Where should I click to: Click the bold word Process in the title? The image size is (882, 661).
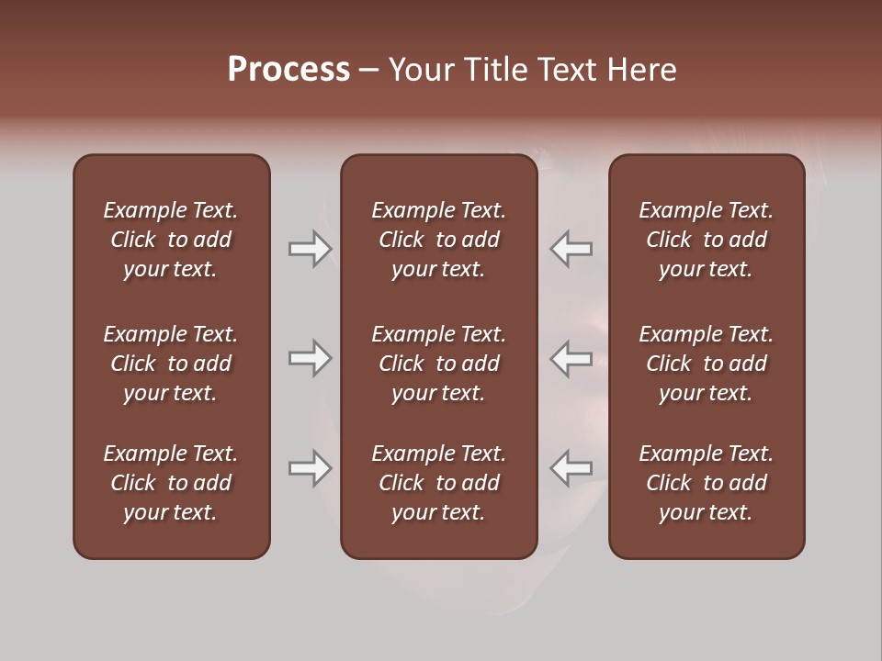coord(288,70)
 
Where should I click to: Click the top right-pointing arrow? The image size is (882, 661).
coord(311,248)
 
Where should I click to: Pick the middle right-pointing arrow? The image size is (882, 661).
coord(311,358)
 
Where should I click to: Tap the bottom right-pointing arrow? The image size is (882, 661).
coord(311,468)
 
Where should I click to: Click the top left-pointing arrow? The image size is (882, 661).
coord(571,248)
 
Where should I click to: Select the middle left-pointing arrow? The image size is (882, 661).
coord(571,358)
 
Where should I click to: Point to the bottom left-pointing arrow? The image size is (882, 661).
coord(571,468)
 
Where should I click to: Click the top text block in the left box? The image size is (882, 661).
coord(171,240)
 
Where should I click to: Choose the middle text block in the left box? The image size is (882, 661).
coord(171,364)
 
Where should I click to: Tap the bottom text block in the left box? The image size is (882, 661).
coord(171,483)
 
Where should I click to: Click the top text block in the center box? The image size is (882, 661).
coord(438,240)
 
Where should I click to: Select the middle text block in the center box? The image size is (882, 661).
coord(438,364)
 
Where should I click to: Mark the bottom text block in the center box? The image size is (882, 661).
coord(438,483)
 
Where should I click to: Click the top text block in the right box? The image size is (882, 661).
coord(706,240)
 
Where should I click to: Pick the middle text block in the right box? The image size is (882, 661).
coord(706,364)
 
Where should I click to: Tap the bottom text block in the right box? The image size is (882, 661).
coord(706,483)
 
